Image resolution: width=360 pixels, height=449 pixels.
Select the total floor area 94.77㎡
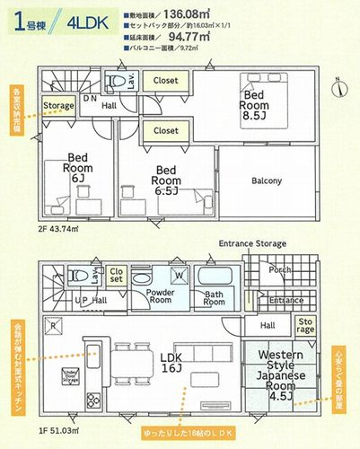pyautogui.click(x=235, y=38)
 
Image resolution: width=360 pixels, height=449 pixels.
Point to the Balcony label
pyautogui.click(x=266, y=180)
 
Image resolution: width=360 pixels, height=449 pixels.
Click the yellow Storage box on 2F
pyautogui.click(x=59, y=106)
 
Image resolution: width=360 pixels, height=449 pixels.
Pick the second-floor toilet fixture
pyautogui.click(x=115, y=84)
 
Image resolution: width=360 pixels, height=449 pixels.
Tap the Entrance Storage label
pyautogui.click(x=251, y=243)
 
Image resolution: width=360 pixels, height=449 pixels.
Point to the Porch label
pyautogui.click(x=279, y=269)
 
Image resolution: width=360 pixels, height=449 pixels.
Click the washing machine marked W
pyautogui.click(x=177, y=276)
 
